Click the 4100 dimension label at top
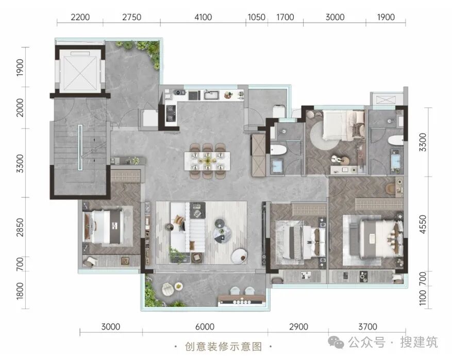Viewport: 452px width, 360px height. point(203,18)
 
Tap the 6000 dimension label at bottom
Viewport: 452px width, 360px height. point(205,327)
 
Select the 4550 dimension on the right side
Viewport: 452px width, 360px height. point(423,225)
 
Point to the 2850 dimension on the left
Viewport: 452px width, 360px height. point(20,227)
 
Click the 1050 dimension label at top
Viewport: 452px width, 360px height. point(257,18)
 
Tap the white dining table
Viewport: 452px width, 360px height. point(207,161)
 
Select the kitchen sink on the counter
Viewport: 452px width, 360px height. point(211,95)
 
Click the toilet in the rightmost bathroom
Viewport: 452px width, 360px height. point(395,140)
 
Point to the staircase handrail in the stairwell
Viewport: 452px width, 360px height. point(80,147)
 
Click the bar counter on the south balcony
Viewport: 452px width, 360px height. point(242,299)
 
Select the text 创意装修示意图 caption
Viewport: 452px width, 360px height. point(223,346)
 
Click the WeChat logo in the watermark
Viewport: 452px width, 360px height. point(336,342)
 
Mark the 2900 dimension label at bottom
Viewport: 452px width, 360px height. point(298,327)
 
